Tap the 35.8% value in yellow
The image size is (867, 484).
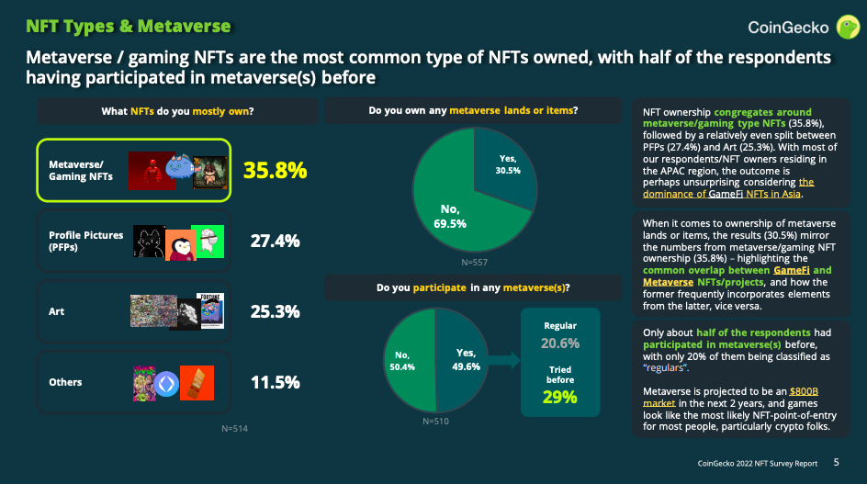[x=275, y=170]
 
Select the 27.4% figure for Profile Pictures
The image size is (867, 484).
[x=275, y=242]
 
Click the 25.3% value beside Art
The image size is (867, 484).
[x=275, y=311]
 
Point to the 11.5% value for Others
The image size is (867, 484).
[x=275, y=382]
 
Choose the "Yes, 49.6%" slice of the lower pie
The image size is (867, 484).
[x=466, y=358]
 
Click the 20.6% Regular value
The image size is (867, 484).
[x=560, y=343]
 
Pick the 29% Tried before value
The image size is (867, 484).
[x=559, y=397]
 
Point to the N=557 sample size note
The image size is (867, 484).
[x=474, y=263]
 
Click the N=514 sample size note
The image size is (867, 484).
[x=235, y=428]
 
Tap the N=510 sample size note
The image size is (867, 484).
[x=436, y=422]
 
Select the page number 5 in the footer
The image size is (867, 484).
[x=836, y=463]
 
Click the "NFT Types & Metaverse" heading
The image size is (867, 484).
[x=128, y=28]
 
